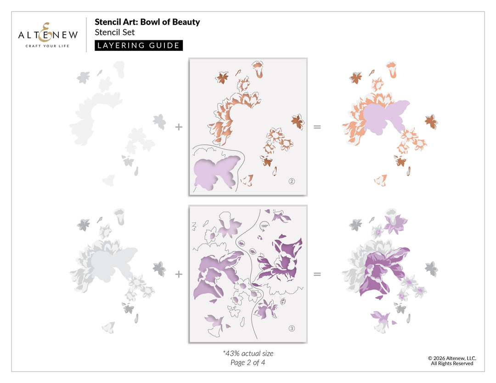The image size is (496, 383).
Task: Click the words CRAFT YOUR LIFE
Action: click(47, 46)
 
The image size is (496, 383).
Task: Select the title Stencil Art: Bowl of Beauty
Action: click(147, 22)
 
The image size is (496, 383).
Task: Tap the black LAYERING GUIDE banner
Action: click(139, 45)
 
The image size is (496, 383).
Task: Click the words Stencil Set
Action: click(114, 32)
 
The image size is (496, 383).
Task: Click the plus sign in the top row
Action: click(179, 127)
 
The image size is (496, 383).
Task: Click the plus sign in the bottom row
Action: click(179, 274)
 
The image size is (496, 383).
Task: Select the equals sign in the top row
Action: click(317, 127)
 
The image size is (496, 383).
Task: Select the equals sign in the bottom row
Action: click(317, 274)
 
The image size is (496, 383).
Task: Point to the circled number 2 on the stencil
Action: click(292, 181)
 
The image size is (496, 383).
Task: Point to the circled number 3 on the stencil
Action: click(292, 328)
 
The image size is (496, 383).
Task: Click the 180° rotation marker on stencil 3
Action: click(264, 227)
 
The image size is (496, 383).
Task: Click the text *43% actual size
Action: click(248, 353)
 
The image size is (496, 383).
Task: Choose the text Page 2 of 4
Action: click(248, 362)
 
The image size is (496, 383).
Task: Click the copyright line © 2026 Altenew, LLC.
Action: click(452, 358)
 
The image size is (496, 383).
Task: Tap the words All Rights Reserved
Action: click(452, 363)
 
